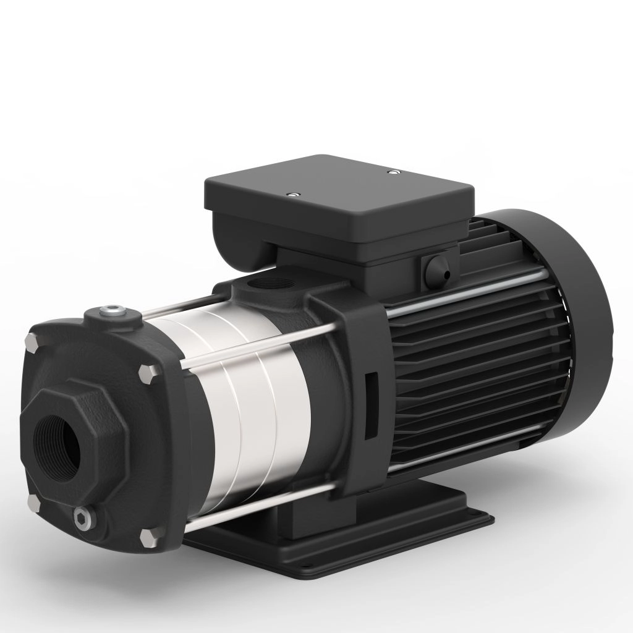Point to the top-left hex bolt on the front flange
point(32,340)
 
